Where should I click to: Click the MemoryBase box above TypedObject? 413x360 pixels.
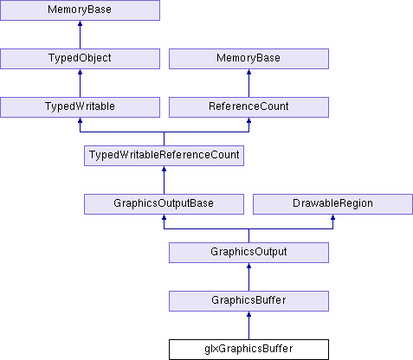[80, 10]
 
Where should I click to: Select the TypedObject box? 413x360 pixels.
[80, 59]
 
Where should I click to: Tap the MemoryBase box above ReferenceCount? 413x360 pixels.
[248, 59]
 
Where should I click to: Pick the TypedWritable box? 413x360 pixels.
[80, 107]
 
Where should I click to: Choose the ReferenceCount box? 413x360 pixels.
[248, 107]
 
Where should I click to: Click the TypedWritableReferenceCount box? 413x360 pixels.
[164, 156]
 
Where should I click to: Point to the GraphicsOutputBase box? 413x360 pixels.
[164, 204]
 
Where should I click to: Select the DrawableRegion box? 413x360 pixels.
[332, 204]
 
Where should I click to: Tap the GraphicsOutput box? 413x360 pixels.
[248, 253]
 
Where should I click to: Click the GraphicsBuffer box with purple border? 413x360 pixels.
[248, 301]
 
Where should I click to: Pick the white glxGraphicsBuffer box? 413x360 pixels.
[248, 350]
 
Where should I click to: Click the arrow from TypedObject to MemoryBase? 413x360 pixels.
[80, 35]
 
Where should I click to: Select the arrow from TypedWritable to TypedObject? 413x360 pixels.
[80, 83]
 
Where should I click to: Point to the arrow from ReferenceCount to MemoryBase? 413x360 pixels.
[248, 83]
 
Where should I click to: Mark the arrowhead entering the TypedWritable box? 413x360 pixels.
[80, 119]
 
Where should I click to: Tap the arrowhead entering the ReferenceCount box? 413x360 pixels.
[248, 119]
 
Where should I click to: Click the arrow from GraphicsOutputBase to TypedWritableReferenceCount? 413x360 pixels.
[164, 180]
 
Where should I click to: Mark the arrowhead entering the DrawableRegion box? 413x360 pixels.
[332, 216]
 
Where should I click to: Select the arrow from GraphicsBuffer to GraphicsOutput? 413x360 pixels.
[248, 277]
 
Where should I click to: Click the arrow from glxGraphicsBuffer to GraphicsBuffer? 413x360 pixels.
[248, 325]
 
